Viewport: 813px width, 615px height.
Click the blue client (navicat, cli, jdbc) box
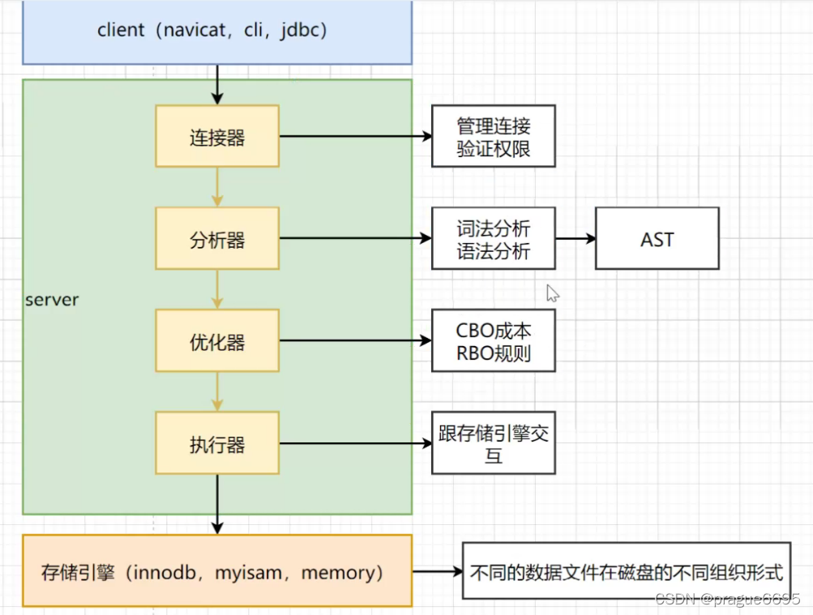(217, 32)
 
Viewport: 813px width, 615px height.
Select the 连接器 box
(217, 136)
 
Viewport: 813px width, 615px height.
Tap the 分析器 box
(217, 239)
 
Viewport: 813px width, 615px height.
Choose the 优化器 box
(217, 341)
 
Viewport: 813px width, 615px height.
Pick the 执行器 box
(217, 443)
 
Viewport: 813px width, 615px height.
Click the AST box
(657, 239)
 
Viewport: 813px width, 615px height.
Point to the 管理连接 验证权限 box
(493, 136)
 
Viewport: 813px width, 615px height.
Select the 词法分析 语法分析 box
(493, 239)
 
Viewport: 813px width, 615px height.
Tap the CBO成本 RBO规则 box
(493, 341)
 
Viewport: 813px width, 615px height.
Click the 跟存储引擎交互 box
(493, 443)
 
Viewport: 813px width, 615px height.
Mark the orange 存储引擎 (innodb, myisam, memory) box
(217, 571)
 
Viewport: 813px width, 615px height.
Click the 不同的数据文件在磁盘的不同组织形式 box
(626, 571)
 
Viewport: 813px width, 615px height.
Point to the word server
(52, 299)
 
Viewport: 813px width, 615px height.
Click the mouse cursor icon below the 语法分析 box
(552, 293)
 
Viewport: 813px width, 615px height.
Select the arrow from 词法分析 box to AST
(576, 239)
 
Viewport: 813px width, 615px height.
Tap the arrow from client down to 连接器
(217, 84)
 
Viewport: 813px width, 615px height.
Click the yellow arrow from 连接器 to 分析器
(217, 187)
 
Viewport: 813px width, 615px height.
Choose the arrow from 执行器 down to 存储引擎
(217, 504)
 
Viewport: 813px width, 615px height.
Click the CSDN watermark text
(727, 599)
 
